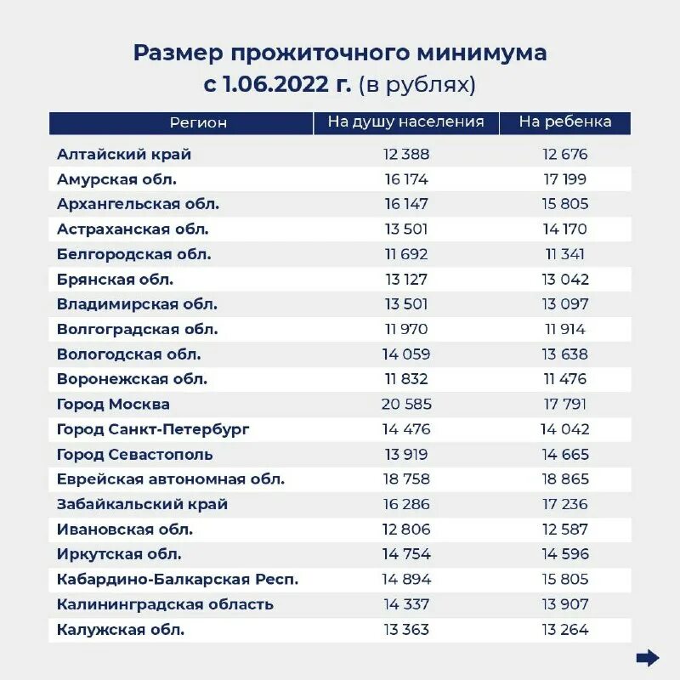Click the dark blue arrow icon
click(648, 657)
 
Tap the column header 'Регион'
click(198, 122)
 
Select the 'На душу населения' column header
click(405, 122)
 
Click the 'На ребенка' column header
click(565, 122)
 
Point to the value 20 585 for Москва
click(406, 405)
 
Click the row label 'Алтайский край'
click(124, 155)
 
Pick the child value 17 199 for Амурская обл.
click(565, 179)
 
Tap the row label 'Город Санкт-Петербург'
click(153, 429)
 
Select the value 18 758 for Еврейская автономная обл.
click(406, 479)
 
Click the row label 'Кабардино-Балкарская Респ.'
click(178, 580)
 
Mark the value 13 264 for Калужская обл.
click(565, 630)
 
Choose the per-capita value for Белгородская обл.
click(406, 254)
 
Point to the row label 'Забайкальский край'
click(142, 504)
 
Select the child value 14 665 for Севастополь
click(565, 455)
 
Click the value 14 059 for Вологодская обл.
click(406, 354)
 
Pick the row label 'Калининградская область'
click(165, 604)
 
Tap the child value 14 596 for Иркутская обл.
click(565, 554)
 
